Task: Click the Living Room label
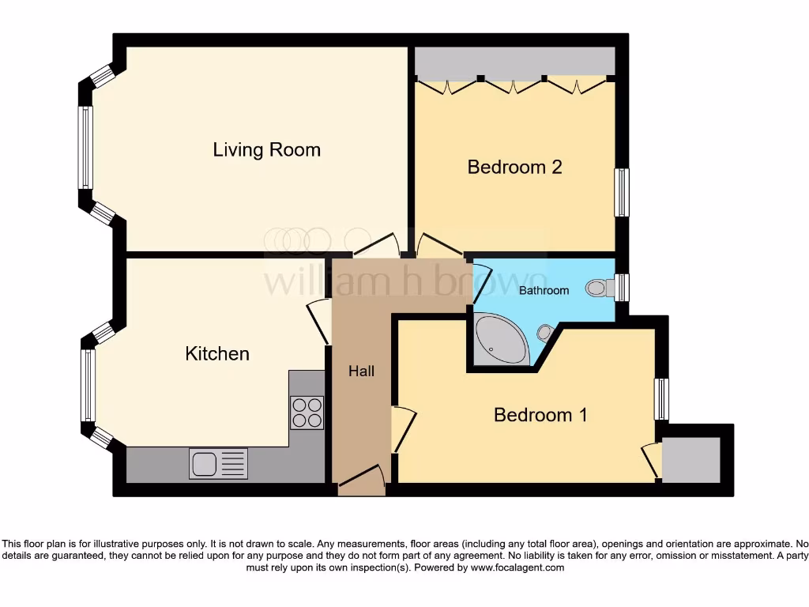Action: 266,149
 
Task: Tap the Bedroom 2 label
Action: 514,167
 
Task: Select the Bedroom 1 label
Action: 540,414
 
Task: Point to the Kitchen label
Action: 217,353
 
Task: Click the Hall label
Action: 361,371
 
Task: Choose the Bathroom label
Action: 544,290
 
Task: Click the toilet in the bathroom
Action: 600,288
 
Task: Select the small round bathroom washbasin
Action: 544,332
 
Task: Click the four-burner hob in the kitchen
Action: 307,412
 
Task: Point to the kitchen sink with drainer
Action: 218,463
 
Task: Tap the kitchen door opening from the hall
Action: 319,320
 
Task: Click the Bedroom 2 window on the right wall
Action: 622,191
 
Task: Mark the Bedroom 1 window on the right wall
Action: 661,399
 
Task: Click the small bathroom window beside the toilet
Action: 622,287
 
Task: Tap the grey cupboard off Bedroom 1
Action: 691,459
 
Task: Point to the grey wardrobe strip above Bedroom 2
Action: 514,62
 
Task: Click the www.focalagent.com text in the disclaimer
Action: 518,567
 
